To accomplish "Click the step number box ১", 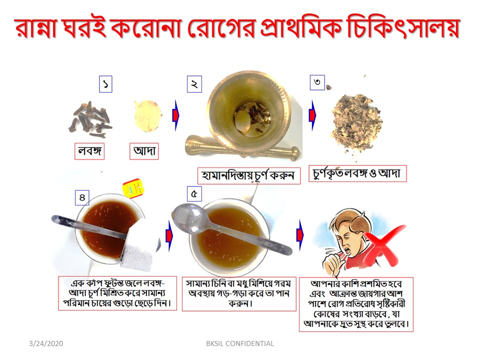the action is coord(105,84).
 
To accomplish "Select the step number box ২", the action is coord(194,84).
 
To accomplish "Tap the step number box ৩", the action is coord(317,82).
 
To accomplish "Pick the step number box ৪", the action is coord(82,197).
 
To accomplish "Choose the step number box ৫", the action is coord(194,194).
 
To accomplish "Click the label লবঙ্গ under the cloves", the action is coord(89,151).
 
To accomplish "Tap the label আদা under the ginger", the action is coord(144,151).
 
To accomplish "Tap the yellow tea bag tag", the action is coord(133,187).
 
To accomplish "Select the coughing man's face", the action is coord(346,242).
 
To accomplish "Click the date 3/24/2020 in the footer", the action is coord(46,344).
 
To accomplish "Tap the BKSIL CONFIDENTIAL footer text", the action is coord(240,344).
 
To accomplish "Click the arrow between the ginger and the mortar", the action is coord(176,115).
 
